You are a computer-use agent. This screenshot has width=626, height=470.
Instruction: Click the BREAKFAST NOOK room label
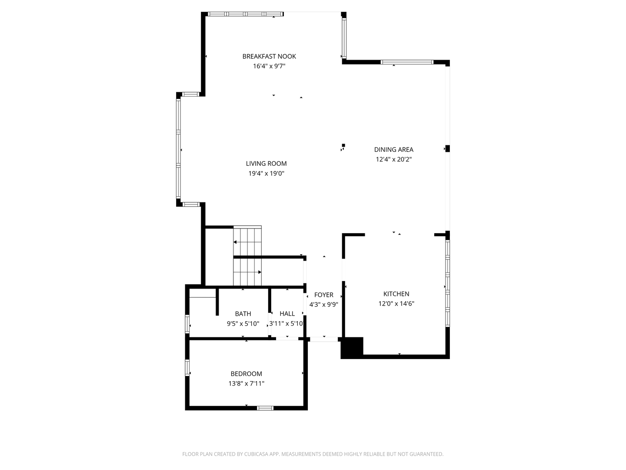(x=269, y=56)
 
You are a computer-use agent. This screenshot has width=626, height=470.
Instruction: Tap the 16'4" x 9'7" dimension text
(x=269, y=66)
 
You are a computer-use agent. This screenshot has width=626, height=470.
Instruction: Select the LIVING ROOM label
(x=266, y=164)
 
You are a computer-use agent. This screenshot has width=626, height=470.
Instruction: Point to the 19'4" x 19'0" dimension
(x=266, y=174)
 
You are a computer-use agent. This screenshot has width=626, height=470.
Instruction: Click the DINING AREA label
(x=393, y=150)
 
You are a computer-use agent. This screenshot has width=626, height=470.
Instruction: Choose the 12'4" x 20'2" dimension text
(x=393, y=159)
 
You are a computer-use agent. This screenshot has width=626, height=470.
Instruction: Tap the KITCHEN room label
(x=396, y=294)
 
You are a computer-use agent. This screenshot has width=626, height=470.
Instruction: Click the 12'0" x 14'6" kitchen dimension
(x=396, y=304)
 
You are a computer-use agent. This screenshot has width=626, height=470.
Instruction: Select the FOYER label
(x=323, y=295)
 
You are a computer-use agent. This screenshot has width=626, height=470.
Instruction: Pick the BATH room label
(x=243, y=314)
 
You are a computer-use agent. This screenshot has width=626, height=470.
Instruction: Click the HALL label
(x=287, y=314)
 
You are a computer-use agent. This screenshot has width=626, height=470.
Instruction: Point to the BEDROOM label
(x=246, y=374)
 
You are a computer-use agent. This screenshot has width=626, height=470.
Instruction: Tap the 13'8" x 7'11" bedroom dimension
(x=246, y=383)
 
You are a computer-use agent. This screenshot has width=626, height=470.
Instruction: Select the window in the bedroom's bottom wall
(x=265, y=408)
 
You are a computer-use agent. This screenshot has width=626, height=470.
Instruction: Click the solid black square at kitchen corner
(x=352, y=347)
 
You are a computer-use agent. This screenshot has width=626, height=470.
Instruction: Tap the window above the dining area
(x=407, y=62)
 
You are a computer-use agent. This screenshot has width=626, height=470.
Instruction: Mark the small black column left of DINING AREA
(x=343, y=145)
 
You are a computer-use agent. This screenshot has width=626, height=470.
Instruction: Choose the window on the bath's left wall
(x=187, y=324)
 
